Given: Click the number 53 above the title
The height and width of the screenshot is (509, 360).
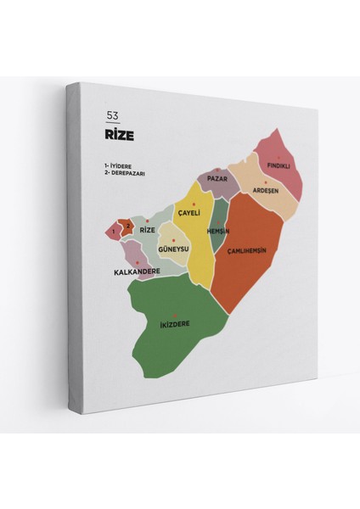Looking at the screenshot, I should (x=112, y=115).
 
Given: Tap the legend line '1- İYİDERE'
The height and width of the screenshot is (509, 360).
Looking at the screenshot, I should (x=121, y=165).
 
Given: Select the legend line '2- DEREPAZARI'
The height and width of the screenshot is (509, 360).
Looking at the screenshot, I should (x=127, y=172).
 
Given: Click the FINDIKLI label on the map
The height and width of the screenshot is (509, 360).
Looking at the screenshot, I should (x=278, y=165).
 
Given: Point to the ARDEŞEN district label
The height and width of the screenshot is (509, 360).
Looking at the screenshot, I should (x=266, y=191).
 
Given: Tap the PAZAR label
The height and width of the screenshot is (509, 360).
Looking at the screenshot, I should (x=217, y=180).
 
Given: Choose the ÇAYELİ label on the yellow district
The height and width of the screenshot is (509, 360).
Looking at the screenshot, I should (x=188, y=213).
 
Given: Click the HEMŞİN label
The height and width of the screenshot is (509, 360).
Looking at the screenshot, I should (x=219, y=232).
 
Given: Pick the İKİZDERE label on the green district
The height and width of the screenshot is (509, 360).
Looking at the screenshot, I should (x=174, y=323).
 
